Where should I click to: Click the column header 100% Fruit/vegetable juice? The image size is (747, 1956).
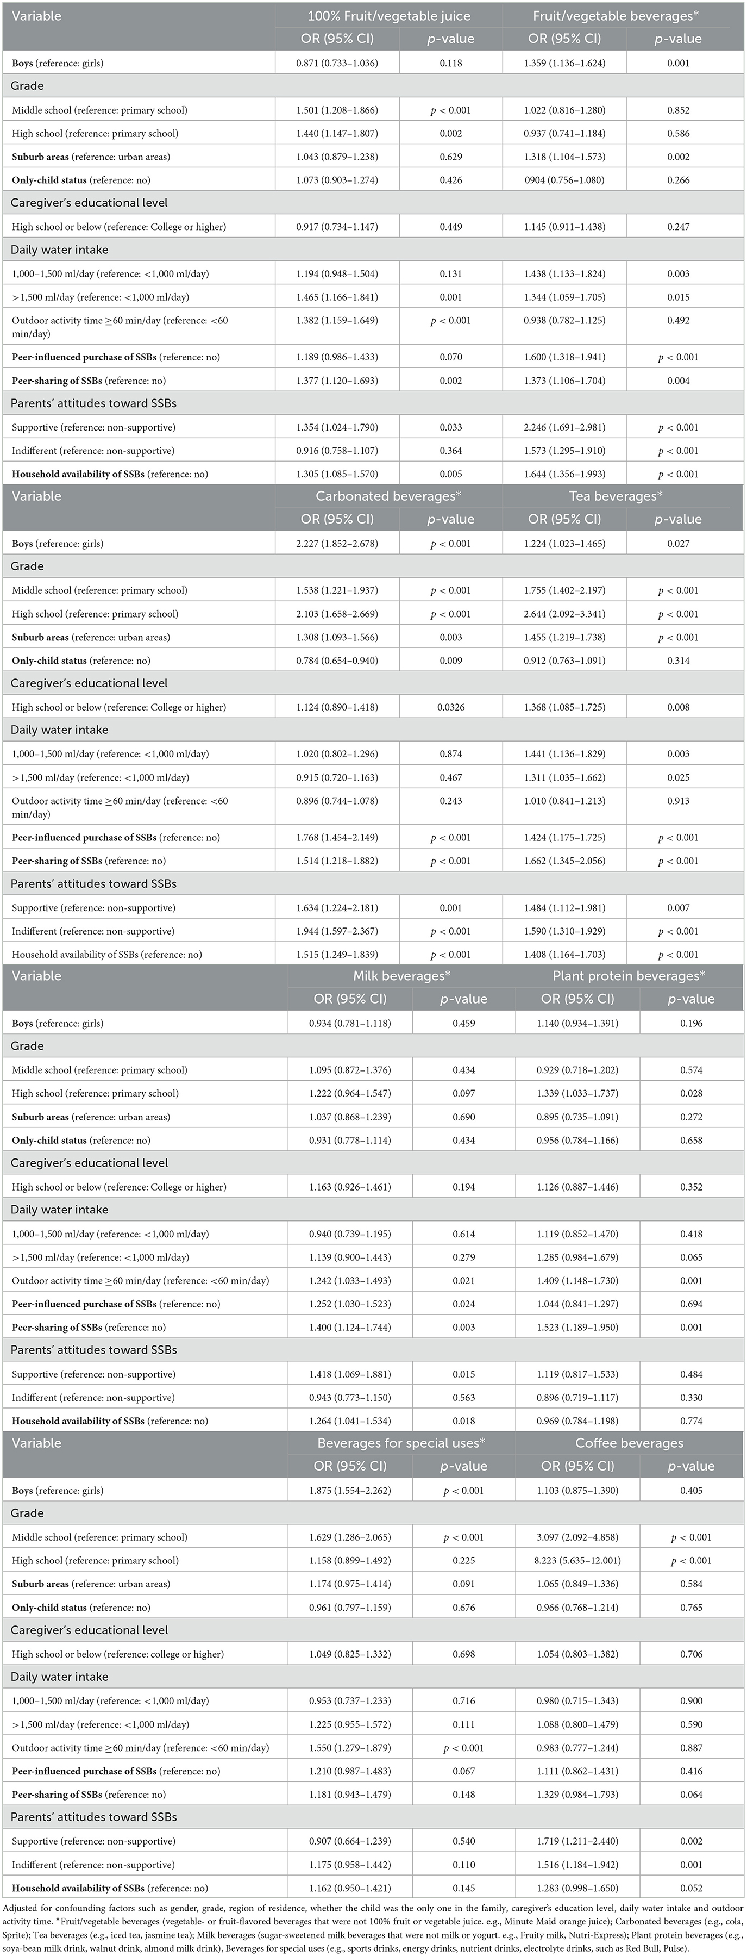pyautogui.click(x=388, y=16)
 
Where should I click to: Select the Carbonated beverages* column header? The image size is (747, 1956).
pyautogui.click(x=388, y=496)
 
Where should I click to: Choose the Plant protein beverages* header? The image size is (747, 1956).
pyautogui.click(x=629, y=976)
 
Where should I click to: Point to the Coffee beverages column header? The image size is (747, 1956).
pyautogui.click(x=629, y=1443)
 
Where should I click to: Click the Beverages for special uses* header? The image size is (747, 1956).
pyautogui.click(x=401, y=1443)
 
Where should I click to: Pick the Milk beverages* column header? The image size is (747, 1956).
pyautogui.click(x=401, y=976)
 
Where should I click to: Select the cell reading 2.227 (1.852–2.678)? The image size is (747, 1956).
pyautogui.click(x=337, y=544)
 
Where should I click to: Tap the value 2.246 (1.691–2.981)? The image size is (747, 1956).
pyautogui.click(x=565, y=427)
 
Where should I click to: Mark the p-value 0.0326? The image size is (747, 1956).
pyautogui.click(x=450, y=707)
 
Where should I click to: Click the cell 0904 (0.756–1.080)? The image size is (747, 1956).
pyautogui.click(x=565, y=180)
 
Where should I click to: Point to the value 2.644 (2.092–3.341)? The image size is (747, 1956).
pyautogui.click(x=565, y=614)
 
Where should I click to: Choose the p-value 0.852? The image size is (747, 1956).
pyautogui.click(x=678, y=110)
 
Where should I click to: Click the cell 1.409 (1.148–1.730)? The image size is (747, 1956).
pyautogui.click(x=577, y=1280)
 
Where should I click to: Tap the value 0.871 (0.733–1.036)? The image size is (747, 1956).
pyautogui.click(x=337, y=63)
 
